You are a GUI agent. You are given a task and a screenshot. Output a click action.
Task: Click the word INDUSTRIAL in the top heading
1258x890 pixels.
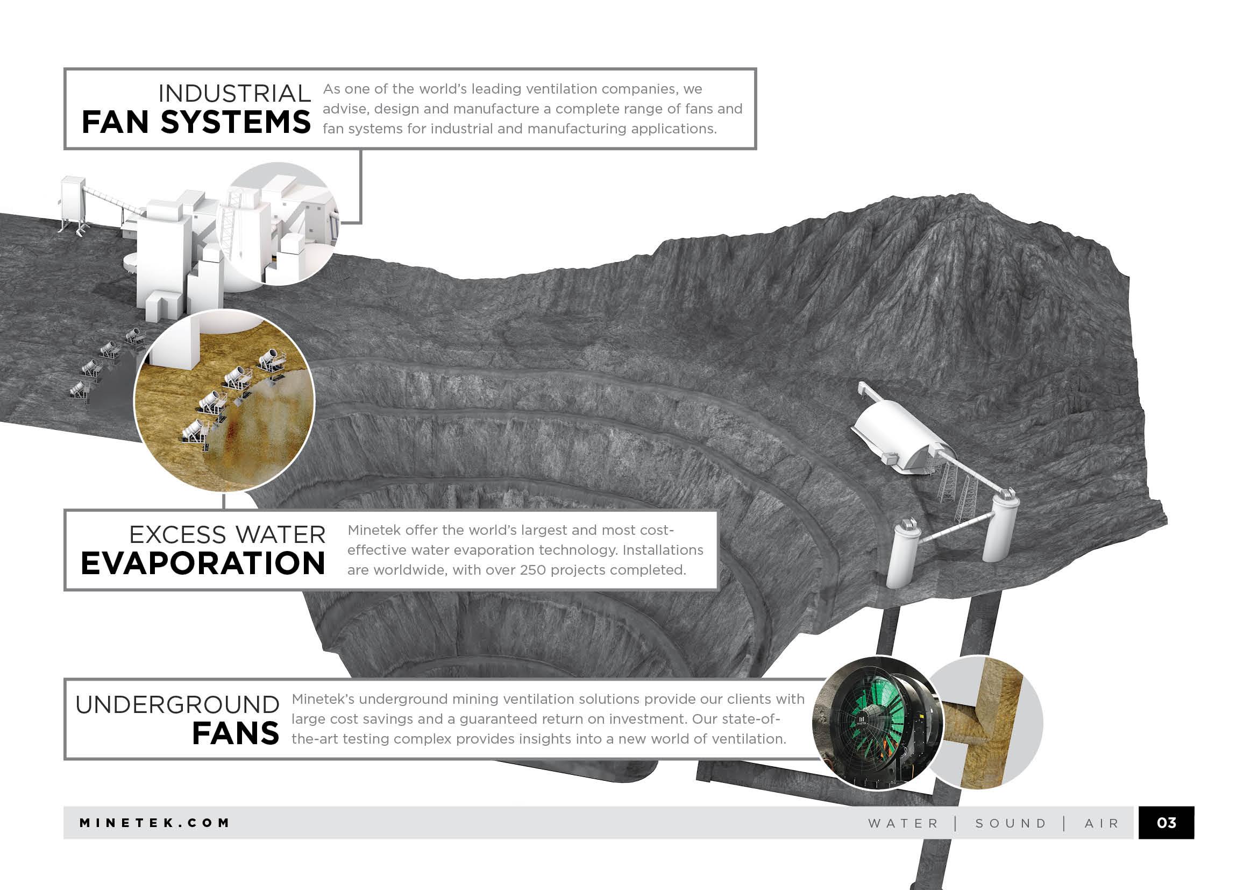click(234, 94)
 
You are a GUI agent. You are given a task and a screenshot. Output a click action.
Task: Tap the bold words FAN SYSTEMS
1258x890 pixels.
click(196, 122)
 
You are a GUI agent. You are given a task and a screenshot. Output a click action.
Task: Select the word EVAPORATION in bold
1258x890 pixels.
click(203, 563)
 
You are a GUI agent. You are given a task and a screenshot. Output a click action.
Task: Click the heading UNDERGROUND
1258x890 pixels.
click(177, 705)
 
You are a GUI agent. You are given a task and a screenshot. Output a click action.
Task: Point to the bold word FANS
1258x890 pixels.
click(235, 734)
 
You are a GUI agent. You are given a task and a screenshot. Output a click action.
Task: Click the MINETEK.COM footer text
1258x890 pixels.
click(154, 823)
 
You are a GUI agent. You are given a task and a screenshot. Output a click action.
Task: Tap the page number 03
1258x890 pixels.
click(1166, 823)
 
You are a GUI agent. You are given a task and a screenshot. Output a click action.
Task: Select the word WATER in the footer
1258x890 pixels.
click(904, 824)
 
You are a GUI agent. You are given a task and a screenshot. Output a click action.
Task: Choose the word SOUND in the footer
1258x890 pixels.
click(1011, 824)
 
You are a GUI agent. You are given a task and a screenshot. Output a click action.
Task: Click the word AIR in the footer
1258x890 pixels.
click(1102, 824)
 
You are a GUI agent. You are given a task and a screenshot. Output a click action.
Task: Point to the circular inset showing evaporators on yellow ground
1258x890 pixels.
click(225, 400)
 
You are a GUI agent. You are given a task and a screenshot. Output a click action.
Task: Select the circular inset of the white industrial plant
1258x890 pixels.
click(276, 224)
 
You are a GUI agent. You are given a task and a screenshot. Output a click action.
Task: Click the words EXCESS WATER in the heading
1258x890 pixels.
click(228, 535)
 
